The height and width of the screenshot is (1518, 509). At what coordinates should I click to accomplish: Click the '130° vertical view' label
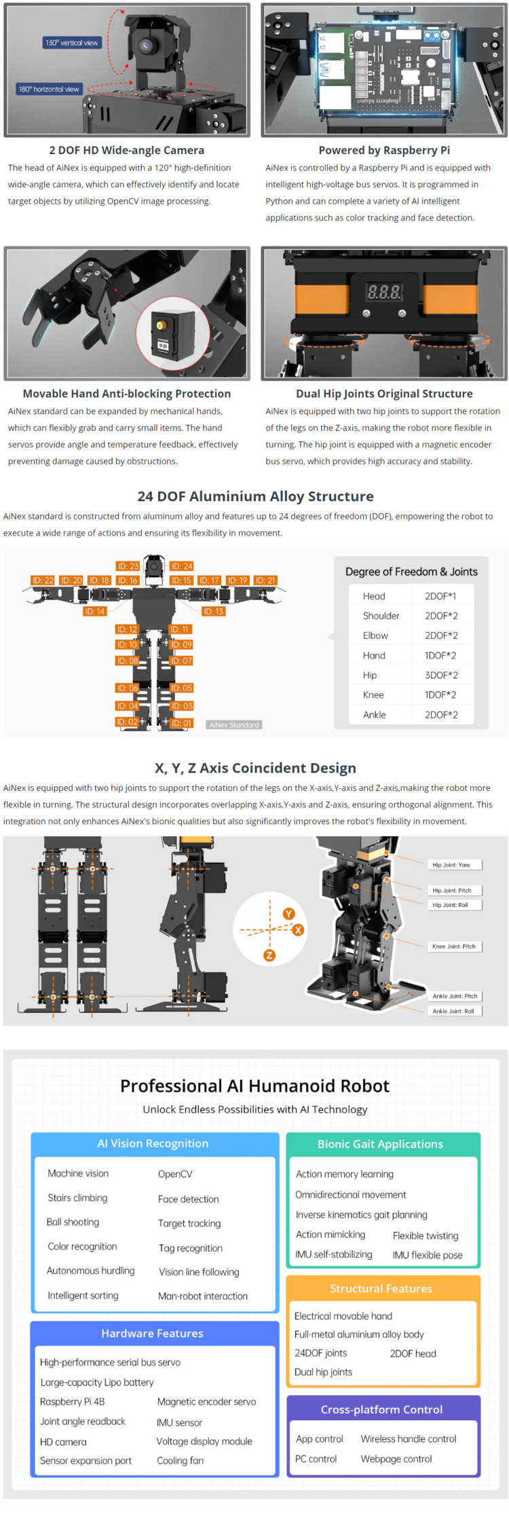tap(71, 43)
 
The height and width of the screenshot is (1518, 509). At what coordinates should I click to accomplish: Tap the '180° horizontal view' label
tap(49, 89)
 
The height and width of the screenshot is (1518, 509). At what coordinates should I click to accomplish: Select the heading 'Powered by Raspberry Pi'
tap(384, 150)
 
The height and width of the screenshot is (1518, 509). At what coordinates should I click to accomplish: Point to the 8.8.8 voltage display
tap(384, 292)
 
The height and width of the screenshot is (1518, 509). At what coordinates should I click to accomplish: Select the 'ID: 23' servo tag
tap(128, 566)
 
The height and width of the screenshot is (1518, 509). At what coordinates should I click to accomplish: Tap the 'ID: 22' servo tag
tap(43, 580)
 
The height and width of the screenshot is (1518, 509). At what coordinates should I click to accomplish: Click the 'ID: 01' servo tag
tap(181, 723)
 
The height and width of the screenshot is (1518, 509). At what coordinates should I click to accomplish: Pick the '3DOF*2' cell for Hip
tap(441, 675)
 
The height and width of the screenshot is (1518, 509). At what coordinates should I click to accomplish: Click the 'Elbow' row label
tap(375, 635)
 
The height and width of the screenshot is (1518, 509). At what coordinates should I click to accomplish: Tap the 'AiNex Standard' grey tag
tap(233, 725)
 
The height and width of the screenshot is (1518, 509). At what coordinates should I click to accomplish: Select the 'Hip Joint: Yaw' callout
tap(451, 865)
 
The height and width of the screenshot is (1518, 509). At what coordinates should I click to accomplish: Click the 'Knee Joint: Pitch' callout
tap(454, 946)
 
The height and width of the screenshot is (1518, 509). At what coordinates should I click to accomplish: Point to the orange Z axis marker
tap(269, 955)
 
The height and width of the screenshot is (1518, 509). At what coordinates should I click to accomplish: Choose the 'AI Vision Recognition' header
tap(153, 1143)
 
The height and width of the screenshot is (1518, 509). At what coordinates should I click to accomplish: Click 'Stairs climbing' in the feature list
tap(77, 1198)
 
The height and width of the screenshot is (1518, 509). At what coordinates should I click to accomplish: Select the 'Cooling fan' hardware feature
tap(180, 1460)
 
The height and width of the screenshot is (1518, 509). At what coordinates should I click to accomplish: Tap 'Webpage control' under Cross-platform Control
tap(396, 1458)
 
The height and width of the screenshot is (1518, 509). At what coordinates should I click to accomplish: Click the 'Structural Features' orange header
tap(381, 1288)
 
